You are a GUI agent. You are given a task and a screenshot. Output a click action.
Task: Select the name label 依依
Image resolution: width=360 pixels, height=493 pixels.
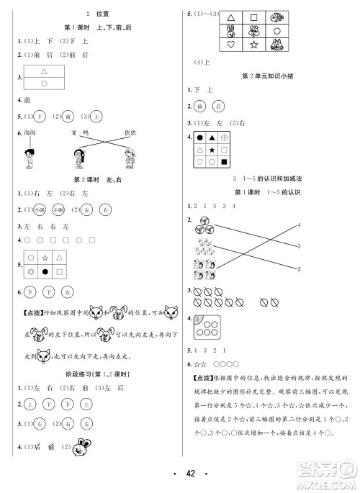(130, 133)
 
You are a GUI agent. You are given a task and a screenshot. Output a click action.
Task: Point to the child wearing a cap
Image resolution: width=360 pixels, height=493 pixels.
(129, 158)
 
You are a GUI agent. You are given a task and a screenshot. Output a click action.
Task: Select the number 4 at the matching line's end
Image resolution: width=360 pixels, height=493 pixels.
(298, 226)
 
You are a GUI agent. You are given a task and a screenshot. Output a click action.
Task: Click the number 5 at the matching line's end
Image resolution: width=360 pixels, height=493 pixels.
(298, 268)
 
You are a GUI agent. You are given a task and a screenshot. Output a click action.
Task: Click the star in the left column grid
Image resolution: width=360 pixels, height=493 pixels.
(44, 256)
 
